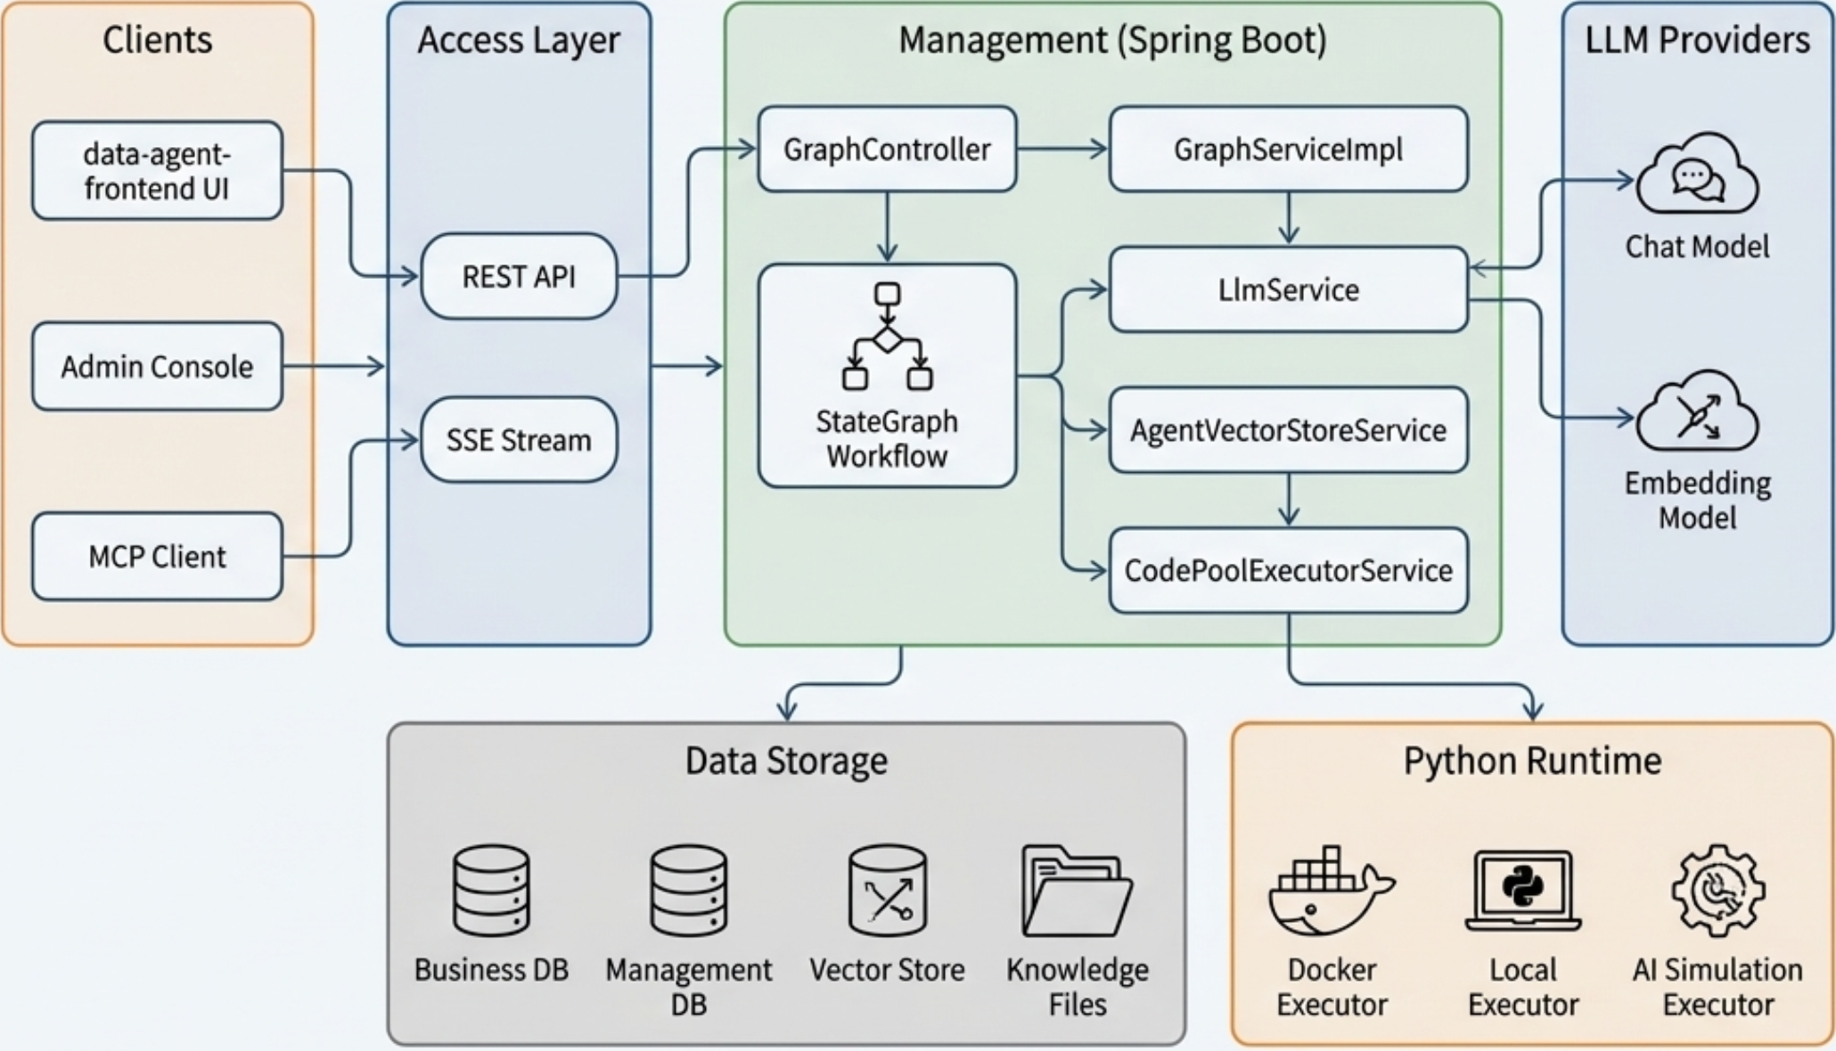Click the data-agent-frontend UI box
[157, 171]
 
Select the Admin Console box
[157, 366]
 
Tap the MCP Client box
[157, 557]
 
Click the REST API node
[519, 276]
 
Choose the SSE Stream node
[519, 440]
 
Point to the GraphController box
[887, 150]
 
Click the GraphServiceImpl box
[1288, 150]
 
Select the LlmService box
[1288, 289]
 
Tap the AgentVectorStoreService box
[1288, 430]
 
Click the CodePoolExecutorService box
[1288, 570]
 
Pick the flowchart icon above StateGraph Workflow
[887, 337]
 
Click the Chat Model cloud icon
[1697, 175]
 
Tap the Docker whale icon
[1331, 891]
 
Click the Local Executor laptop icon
[1523, 891]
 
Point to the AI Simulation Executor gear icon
[1717, 891]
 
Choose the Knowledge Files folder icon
[1077, 891]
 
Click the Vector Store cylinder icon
[887, 891]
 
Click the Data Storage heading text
[786, 762]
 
